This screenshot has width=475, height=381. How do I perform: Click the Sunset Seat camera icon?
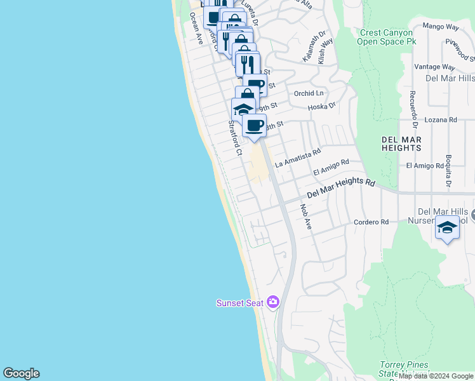[274, 302]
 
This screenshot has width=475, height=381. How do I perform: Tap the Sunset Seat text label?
[239, 303]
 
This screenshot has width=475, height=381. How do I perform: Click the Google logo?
[21, 373]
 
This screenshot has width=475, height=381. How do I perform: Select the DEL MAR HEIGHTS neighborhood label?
[401, 143]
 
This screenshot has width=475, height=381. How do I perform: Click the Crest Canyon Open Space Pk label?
[386, 37]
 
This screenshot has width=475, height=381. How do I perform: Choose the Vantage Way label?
[434, 66]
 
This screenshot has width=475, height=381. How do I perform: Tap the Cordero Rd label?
[371, 222]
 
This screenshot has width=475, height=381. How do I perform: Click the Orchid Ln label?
[309, 93]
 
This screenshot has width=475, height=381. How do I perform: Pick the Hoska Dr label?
[321, 107]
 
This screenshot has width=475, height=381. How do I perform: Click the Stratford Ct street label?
[235, 138]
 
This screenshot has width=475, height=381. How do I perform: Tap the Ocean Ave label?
[196, 29]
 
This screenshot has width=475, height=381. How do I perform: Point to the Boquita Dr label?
[448, 172]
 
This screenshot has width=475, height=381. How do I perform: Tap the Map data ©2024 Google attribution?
[436, 376]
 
